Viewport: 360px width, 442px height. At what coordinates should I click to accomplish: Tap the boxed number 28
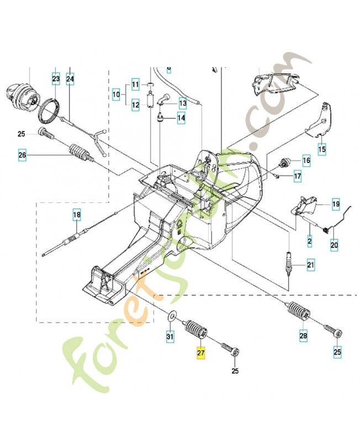pos(303,335)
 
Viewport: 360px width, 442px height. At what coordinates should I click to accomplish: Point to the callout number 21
pos(310,266)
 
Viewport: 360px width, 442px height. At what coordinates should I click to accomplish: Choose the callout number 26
pos(22,155)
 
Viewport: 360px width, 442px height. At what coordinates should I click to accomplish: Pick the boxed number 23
pos(56,80)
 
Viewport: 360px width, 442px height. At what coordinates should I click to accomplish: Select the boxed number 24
pos(70,80)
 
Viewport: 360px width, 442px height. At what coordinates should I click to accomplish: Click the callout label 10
pos(116,94)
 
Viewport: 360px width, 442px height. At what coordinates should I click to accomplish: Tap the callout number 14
pos(181,118)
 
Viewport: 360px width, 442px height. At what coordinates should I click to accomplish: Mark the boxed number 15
pos(321,149)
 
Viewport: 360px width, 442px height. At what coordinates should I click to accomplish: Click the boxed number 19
pos(335,204)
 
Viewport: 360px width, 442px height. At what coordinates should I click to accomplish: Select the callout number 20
pos(334,243)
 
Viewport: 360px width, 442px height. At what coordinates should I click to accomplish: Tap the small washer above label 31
pos(171,317)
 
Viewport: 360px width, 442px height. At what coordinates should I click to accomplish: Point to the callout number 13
pos(182,103)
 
